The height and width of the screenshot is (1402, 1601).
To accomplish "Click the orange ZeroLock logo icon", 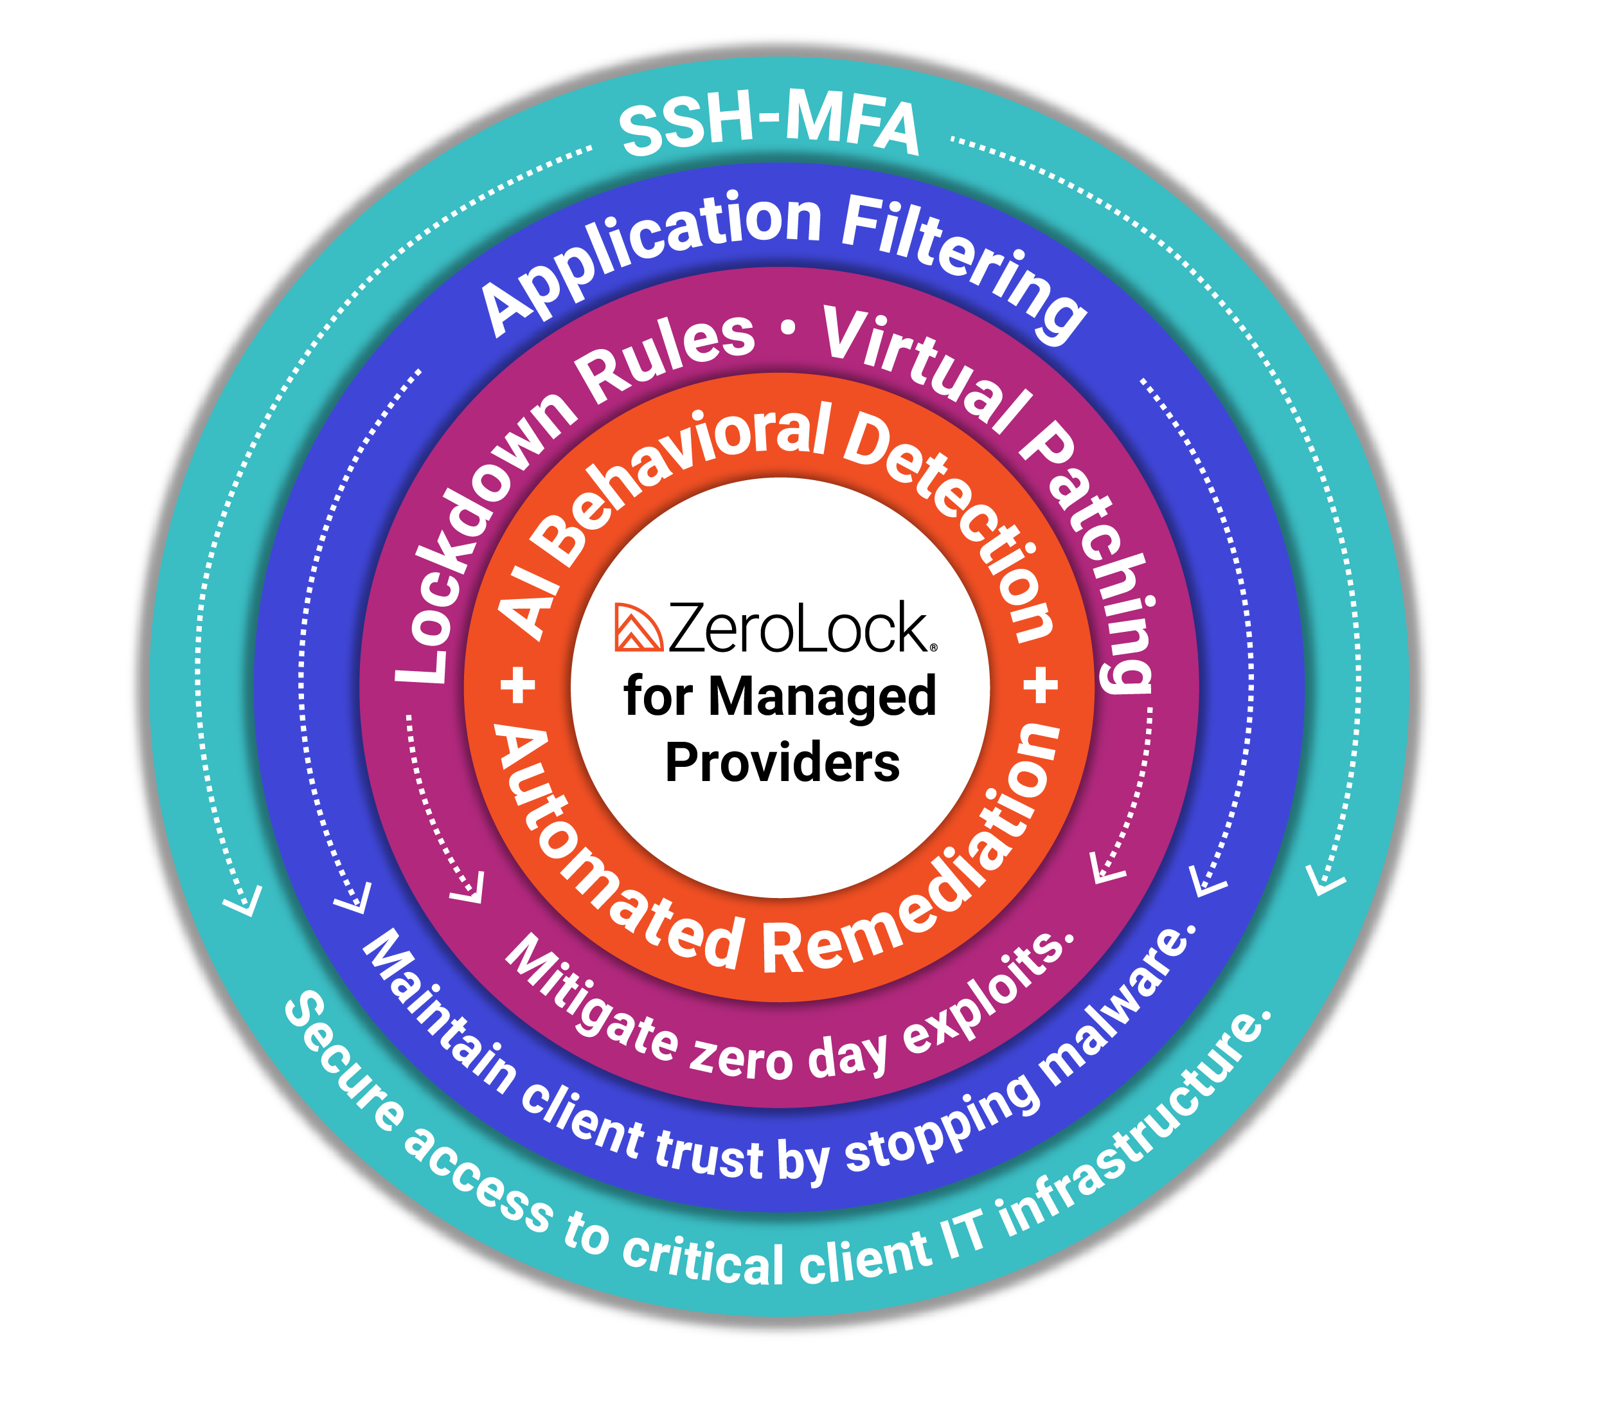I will (638, 627).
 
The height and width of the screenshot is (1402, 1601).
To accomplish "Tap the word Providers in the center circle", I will (782, 763).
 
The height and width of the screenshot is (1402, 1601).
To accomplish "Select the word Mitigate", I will (591, 998).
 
